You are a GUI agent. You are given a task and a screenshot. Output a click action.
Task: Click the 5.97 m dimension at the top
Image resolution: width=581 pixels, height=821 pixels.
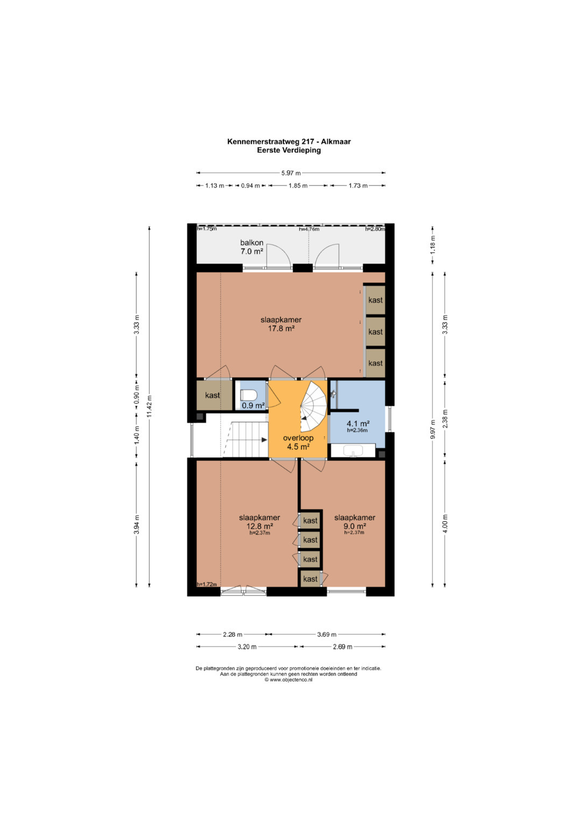[x=291, y=173]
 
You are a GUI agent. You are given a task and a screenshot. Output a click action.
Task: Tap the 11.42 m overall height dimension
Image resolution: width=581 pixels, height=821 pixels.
[x=150, y=407]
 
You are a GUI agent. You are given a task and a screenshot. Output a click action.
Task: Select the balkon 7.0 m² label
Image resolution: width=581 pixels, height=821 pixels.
[x=252, y=247]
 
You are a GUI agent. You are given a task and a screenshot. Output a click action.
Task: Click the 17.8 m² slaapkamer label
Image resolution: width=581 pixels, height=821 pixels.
[x=281, y=324]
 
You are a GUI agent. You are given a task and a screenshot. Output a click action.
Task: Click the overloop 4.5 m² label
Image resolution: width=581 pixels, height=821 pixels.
[x=298, y=442]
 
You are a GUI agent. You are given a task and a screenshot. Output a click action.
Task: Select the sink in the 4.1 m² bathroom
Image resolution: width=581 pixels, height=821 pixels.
[x=353, y=451]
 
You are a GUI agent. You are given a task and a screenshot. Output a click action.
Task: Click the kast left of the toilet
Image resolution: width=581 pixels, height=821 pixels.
[x=212, y=395]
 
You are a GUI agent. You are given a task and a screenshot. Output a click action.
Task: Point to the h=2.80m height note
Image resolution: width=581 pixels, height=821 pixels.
[x=375, y=229]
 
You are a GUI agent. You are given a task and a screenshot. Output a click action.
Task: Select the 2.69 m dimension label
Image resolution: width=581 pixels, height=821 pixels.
[x=342, y=647]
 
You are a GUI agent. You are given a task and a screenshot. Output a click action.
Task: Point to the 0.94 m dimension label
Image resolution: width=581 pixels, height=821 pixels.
[x=250, y=186]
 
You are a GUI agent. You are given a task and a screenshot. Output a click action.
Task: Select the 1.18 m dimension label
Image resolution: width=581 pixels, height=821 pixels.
[x=433, y=243]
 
